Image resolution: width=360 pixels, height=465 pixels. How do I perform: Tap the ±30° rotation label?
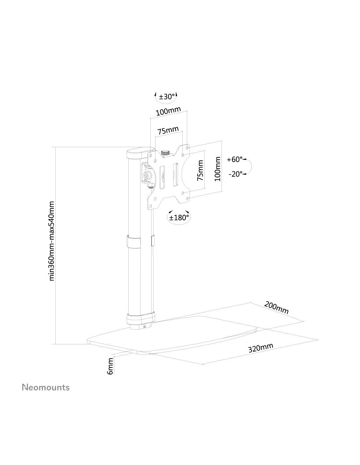click(x=167, y=97)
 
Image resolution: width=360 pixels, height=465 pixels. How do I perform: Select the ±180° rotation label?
click(x=179, y=218)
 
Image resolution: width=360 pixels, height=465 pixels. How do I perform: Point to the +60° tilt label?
click(x=235, y=160)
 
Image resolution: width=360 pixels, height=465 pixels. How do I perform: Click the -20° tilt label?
click(x=236, y=174)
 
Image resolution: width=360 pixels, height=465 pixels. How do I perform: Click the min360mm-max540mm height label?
click(x=52, y=241)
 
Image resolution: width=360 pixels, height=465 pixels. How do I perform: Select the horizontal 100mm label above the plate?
click(x=168, y=111)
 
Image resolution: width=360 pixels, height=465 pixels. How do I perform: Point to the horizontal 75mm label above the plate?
click(x=168, y=130)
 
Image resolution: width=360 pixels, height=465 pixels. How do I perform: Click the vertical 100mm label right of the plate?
click(x=217, y=169)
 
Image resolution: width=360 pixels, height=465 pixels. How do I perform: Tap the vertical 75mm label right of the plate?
click(x=200, y=170)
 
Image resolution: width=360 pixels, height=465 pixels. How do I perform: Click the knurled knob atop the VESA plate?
click(x=165, y=153)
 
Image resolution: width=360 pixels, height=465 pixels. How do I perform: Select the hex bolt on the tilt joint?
click(x=148, y=176)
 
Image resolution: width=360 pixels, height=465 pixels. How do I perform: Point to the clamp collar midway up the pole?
click(x=134, y=242)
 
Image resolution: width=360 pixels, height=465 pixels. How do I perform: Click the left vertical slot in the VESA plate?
click(x=162, y=177)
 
